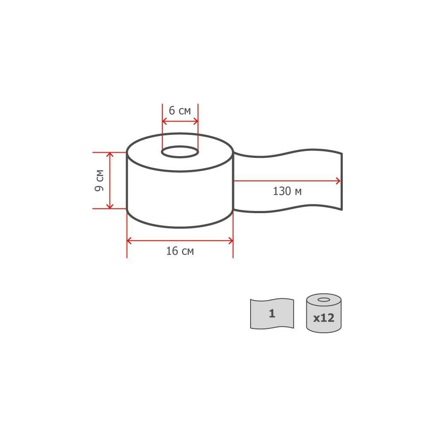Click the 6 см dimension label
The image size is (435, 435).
pyautogui.click(x=180, y=110)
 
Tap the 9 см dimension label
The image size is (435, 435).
pyautogui.click(x=99, y=181)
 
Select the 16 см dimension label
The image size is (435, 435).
pyautogui.click(x=180, y=251)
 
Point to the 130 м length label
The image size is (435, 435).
pyautogui.click(x=287, y=191)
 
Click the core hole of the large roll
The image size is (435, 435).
pyautogui.click(x=180, y=152)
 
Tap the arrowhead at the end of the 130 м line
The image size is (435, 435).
pyautogui.click(x=338, y=181)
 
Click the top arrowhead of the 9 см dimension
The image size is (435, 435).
pyautogui.click(x=110, y=155)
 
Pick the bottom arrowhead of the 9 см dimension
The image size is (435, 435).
pyautogui.click(x=110, y=206)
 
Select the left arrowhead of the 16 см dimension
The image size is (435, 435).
pyautogui.click(x=129, y=241)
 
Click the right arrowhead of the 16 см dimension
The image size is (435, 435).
pyautogui.click(x=231, y=241)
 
